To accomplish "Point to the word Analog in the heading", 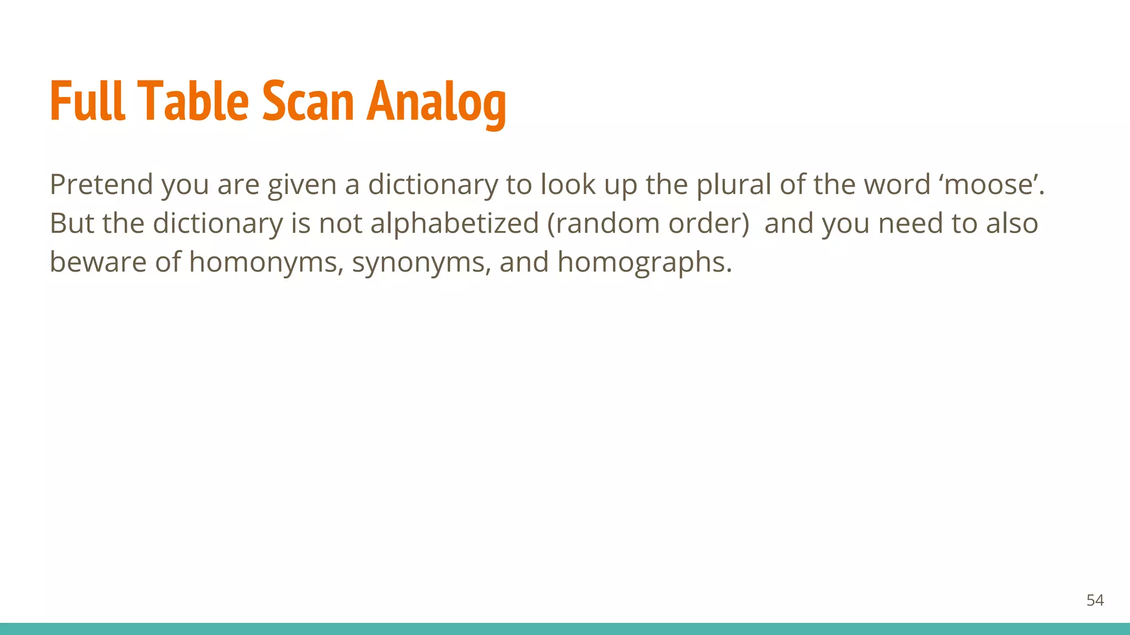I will click(436, 103).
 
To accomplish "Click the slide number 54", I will click(1095, 600).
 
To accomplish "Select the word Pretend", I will click(101, 184).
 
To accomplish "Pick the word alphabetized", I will click(454, 223).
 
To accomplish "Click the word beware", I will click(98, 262).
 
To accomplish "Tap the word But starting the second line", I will click(72, 223).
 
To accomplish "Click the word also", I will click(1012, 223).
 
